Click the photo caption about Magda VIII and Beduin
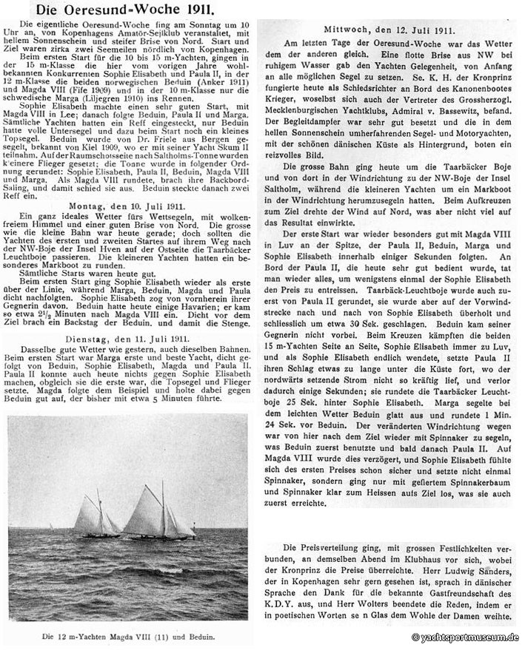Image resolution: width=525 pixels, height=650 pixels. click(128, 635)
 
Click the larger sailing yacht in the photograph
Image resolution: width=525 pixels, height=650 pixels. click(158, 510)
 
